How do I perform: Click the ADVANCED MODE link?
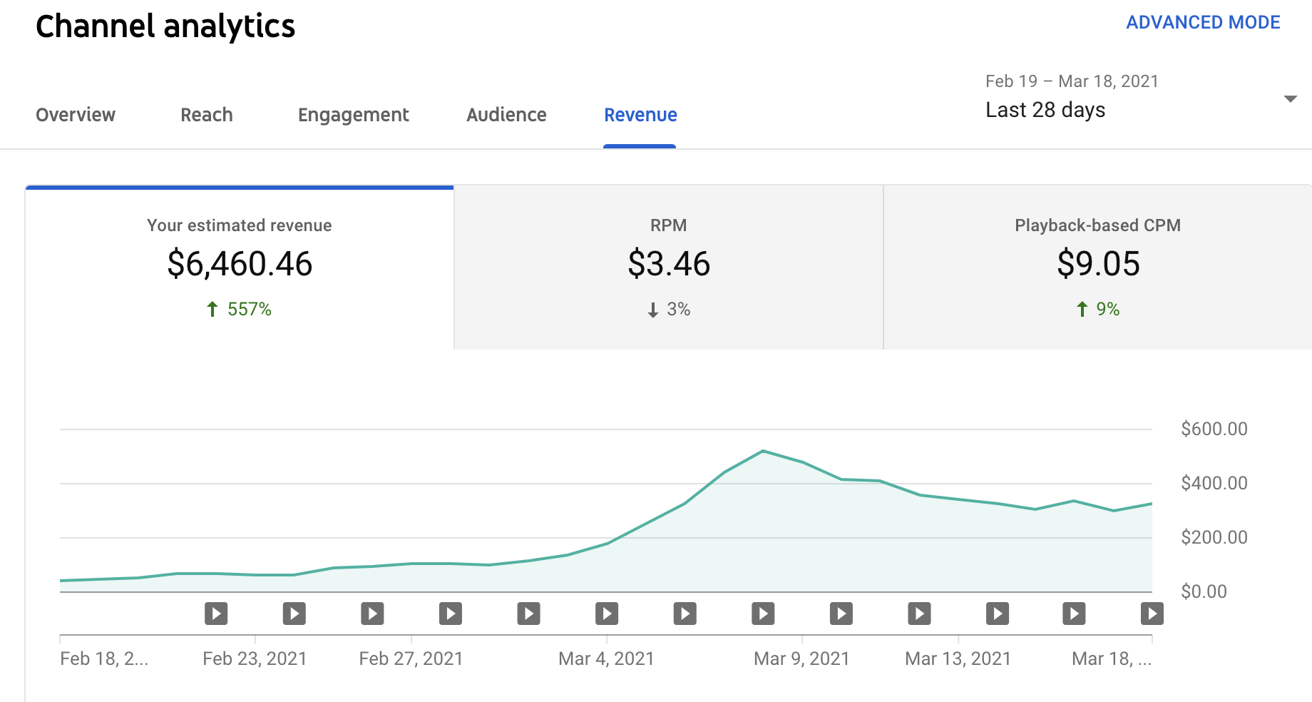(x=1203, y=23)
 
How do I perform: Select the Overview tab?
(x=76, y=115)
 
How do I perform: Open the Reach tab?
(x=207, y=115)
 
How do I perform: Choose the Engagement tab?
(x=353, y=115)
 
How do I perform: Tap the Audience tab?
(x=506, y=115)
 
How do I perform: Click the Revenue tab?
(x=640, y=115)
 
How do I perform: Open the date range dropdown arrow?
(x=1290, y=99)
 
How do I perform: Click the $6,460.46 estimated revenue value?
(x=240, y=264)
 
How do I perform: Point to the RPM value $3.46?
(x=669, y=264)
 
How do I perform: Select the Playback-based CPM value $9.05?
(x=1098, y=264)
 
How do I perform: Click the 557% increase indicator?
(x=240, y=310)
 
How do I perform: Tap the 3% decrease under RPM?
(x=669, y=310)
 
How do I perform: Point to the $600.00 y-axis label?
(x=1214, y=429)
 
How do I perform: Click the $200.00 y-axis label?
(x=1214, y=537)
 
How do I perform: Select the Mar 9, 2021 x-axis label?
(x=801, y=658)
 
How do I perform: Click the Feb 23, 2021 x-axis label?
(x=255, y=658)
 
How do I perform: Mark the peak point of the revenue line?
(x=763, y=451)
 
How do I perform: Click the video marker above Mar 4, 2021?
(x=607, y=614)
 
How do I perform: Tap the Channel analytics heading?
(x=165, y=26)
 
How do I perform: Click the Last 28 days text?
(x=1045, y=110)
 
